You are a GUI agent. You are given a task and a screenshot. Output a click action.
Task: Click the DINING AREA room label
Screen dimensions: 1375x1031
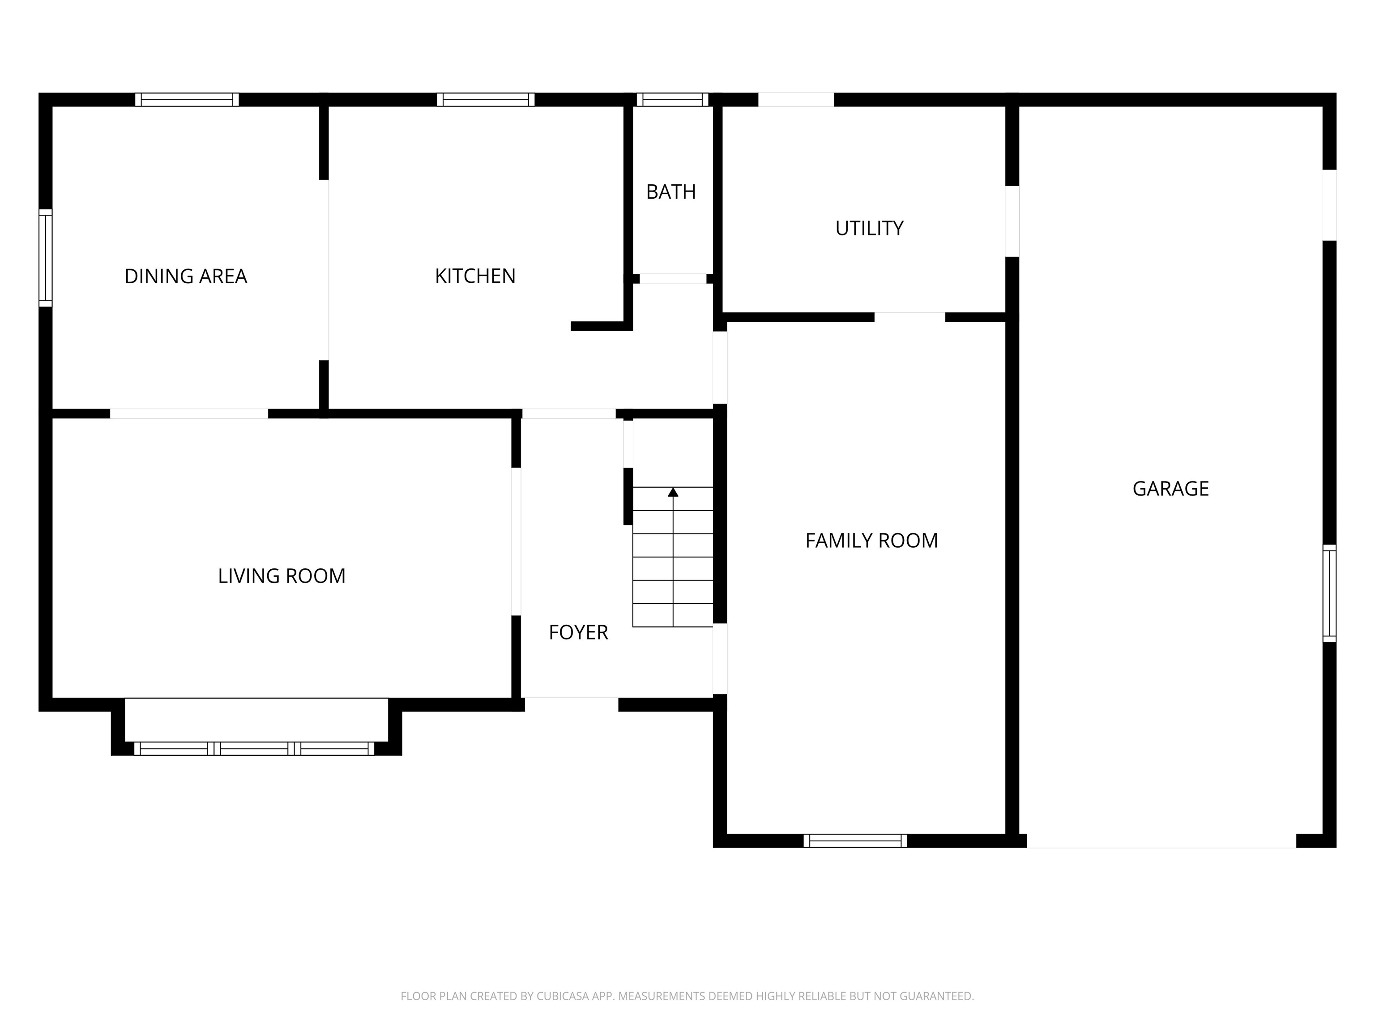(186, 276)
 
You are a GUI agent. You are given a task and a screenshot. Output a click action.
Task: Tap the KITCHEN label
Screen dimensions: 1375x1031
(475, 276)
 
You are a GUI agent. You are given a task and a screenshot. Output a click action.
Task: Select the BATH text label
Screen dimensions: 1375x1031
(671, 192)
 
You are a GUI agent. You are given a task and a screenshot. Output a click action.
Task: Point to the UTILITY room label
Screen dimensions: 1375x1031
(869, 229)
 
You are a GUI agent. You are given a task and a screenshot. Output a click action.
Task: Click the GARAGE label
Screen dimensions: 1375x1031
(1170, 489)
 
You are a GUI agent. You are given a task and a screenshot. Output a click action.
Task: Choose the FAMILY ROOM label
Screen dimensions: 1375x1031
(871, 541)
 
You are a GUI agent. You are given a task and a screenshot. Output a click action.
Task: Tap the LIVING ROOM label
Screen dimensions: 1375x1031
(282, 576)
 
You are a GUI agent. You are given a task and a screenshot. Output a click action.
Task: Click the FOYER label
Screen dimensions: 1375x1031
(578, 633)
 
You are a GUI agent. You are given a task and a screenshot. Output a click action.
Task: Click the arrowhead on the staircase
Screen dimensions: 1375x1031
(673, 492)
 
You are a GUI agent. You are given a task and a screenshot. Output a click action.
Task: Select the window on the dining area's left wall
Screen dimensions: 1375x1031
(45, 258)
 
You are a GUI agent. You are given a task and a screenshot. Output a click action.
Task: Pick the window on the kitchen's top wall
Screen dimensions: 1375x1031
(486, 99)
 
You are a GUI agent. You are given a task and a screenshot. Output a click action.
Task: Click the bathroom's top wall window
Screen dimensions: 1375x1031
(672, 99)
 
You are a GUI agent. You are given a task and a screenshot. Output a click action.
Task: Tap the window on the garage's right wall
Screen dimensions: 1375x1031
(1329, 593)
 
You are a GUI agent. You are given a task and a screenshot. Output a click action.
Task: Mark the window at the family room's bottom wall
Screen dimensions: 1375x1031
(855, 841)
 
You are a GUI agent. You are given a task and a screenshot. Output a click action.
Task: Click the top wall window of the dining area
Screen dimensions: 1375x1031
(187, 99)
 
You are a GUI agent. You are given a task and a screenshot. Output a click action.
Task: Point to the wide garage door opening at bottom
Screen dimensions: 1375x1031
(1161, 841)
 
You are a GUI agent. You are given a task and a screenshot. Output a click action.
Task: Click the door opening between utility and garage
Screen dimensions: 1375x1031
(1012, 221)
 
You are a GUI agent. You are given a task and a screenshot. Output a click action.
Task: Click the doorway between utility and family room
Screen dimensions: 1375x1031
(910, 317)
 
